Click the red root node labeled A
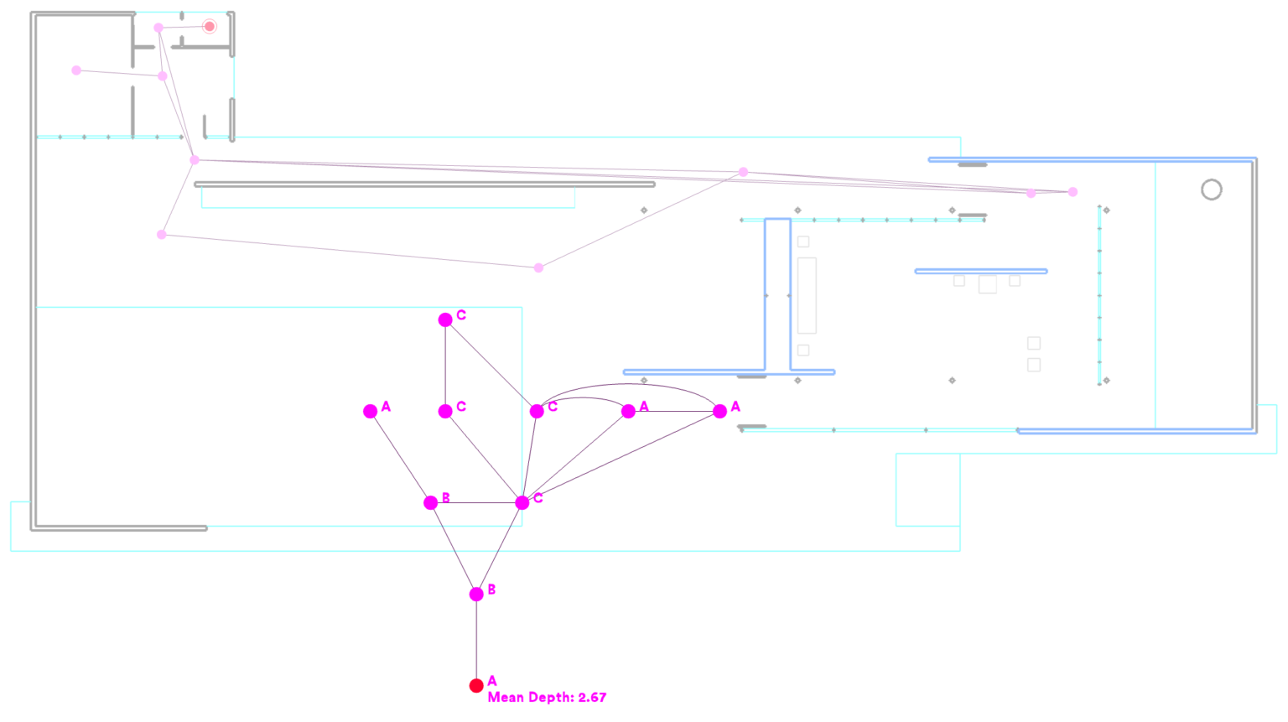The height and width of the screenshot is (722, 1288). (476, 685)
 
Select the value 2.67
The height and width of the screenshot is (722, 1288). (592, 698)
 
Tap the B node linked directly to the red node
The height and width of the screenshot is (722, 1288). (476, 594)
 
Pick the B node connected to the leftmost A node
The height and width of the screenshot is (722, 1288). (431, 502)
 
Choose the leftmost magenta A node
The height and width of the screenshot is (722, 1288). (371, 411)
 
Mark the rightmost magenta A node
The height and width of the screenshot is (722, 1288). (719, 411)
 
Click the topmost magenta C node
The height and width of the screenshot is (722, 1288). (445, 319)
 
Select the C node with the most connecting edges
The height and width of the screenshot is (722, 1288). (522, 502)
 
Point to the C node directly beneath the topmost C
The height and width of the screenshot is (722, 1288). (445, 411)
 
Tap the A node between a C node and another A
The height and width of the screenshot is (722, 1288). (628, 411)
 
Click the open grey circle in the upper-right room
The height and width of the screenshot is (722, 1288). (1211, 190)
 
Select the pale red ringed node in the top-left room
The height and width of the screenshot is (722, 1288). (210, 27)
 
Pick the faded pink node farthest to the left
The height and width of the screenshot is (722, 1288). (76, 70)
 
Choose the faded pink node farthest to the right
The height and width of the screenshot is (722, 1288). (1072, 192)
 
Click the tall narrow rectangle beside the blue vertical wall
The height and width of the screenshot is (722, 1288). (807, 295)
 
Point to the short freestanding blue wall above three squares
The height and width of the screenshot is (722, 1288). (981, 271)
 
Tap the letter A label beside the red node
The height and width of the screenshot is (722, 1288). (492, 681)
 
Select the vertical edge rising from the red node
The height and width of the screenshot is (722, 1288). (476, 640)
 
